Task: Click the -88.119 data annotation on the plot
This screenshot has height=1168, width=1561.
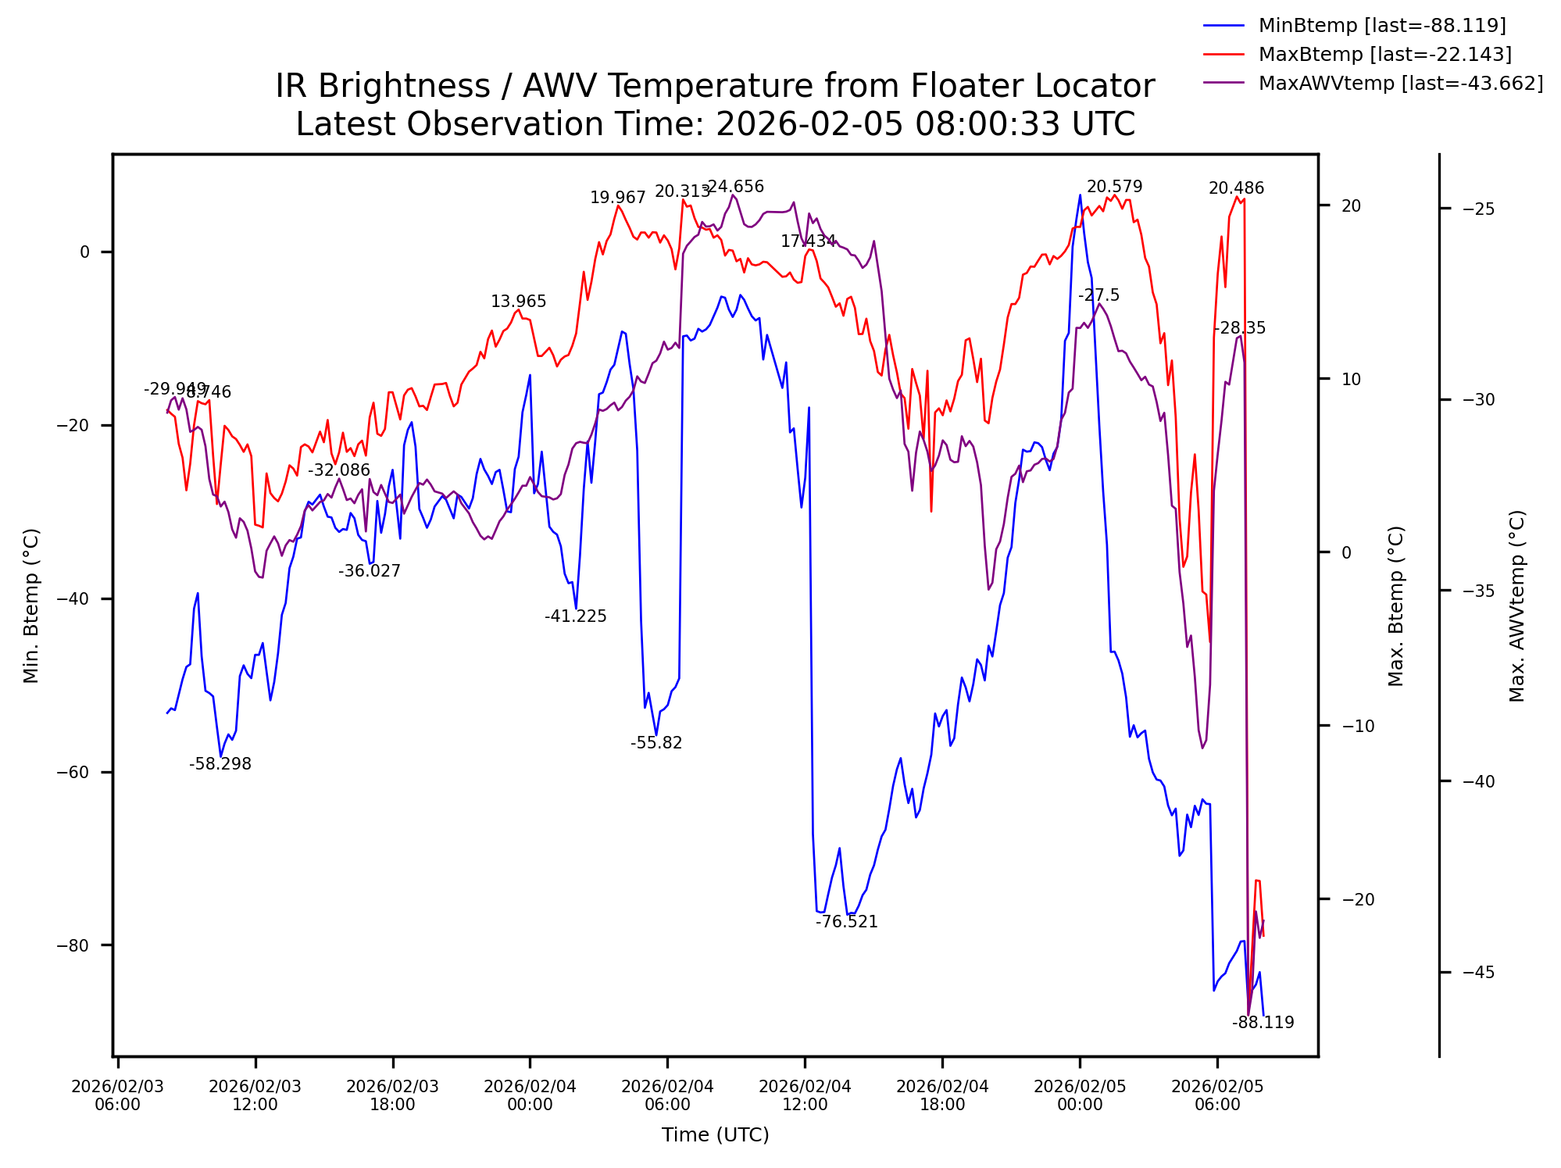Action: [x=1263, y=1023]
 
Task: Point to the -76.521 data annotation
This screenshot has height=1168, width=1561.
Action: [x=846, y=922]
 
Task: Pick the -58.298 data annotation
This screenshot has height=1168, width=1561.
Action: [x=220, y=764]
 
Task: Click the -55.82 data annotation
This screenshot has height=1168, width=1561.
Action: [x=656, y=743]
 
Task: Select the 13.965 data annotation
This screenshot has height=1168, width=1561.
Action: [x=518, y=302]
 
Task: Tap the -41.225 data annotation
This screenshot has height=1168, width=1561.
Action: [x=575, y=616]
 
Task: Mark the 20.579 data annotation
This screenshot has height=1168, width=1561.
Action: [x=1114, y=187]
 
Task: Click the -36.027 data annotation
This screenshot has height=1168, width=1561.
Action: [x=369, y=571]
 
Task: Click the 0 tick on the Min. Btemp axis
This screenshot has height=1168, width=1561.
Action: [x=84, y=252]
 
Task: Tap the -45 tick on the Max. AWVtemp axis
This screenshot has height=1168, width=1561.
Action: [x=1478, y=973]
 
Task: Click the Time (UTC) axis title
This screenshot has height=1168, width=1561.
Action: [x=715, y=1135]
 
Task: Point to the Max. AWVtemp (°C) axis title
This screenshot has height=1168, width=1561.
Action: [x=1516, y=605]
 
